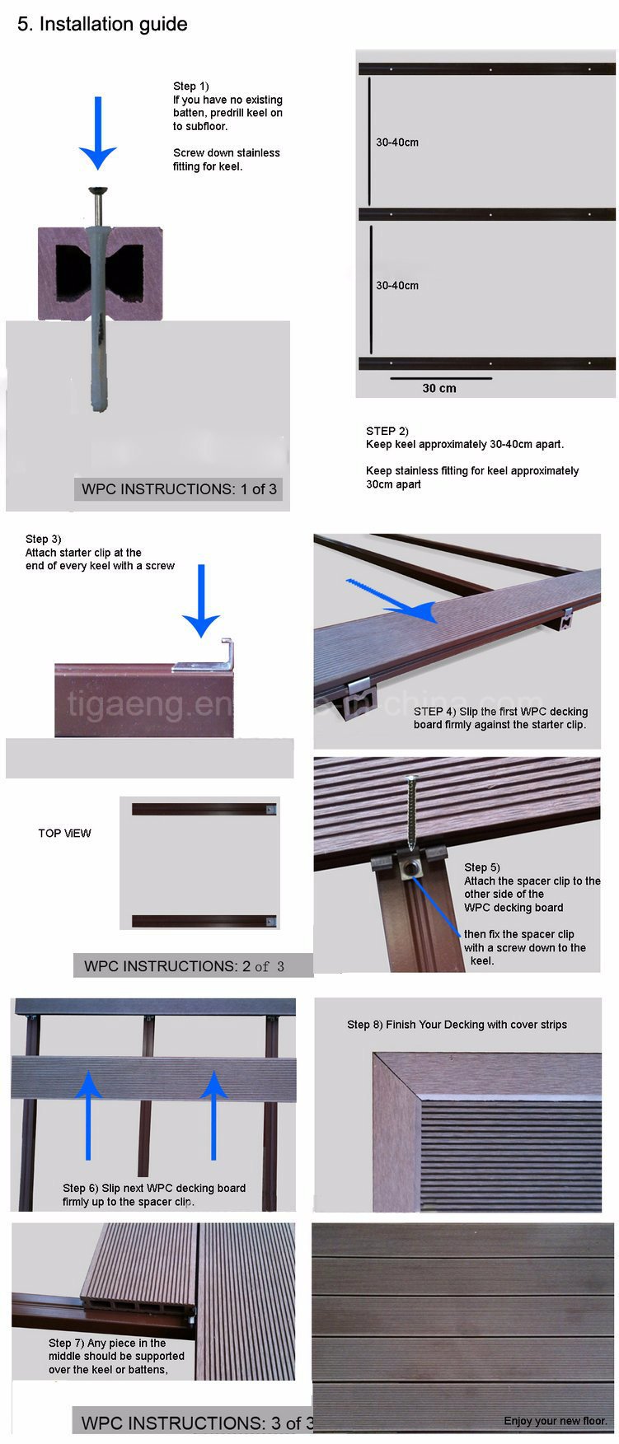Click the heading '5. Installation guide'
pyautogui.click(x=102, y=25)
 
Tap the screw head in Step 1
pyautogui.click(x=98, y=191)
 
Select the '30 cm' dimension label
pyautogui.click(x=439, y=389)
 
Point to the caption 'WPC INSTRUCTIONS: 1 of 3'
pyautogui.click(x=180, y=489)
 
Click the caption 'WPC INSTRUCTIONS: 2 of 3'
pyautogui.click(x=184, y=966)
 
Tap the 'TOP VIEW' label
pyautogui.click(x=64, y=834)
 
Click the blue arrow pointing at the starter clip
pyautogui.click(x=200, y=601)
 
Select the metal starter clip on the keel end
pyautogui.click(x=216, y=656)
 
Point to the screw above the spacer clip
pyautogui.click(x=410, y=811)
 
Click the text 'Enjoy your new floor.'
pyautogui.click(x=556, y=1421)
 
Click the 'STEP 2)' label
pyautogui.click(x=387, y=431)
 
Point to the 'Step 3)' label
pyautogui.click(x=43, y=539)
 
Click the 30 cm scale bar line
pyautogui.click(x=441, y=379)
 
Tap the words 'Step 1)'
pyautogui.click(x=191, y=86)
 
